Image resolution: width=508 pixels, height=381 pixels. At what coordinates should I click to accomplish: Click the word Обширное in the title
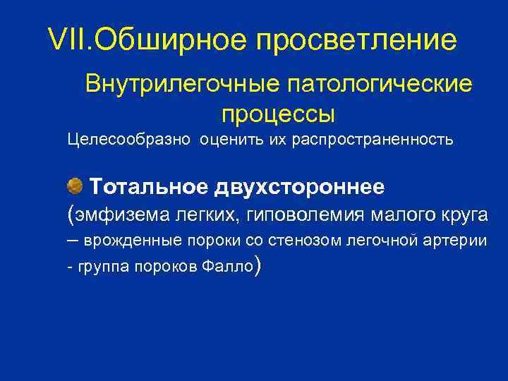click(x=170, y=40)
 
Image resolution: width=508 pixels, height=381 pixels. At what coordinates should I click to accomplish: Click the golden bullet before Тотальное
click(x=75, y=187)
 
